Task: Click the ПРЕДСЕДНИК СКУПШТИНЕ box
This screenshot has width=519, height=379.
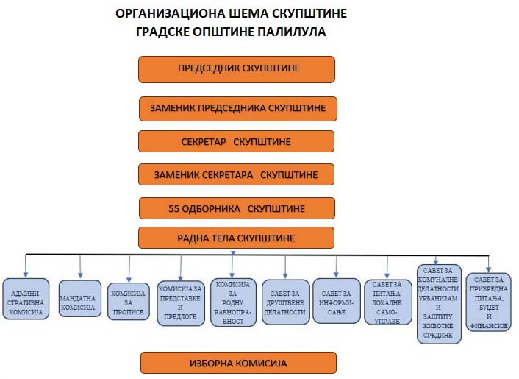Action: pos(237,69)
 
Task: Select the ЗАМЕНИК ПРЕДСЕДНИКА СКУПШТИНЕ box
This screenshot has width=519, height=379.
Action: pos(237,108)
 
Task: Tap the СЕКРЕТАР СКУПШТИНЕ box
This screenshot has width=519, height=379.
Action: pos(237,141)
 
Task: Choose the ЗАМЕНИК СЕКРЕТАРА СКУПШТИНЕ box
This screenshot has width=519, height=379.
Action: pos(237,174)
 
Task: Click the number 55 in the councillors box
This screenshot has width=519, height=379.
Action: pos(174,208)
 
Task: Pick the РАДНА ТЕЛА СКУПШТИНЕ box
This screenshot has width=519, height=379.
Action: pos(237,238)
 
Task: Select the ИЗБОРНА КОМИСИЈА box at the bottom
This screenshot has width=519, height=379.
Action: pos(238,363)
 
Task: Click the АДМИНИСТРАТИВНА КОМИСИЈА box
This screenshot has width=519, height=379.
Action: pos(26,297)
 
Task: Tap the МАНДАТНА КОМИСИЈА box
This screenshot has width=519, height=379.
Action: pos(77,297)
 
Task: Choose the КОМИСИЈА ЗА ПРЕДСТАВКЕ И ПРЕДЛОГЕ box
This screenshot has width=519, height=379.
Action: pos(179,302)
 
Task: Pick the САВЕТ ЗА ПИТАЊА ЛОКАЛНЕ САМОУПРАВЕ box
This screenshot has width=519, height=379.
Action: pos(387,302)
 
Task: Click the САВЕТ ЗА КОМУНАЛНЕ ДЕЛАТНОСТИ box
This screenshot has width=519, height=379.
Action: pos(440,302)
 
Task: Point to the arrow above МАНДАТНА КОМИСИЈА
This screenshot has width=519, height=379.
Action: pos(80,265)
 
